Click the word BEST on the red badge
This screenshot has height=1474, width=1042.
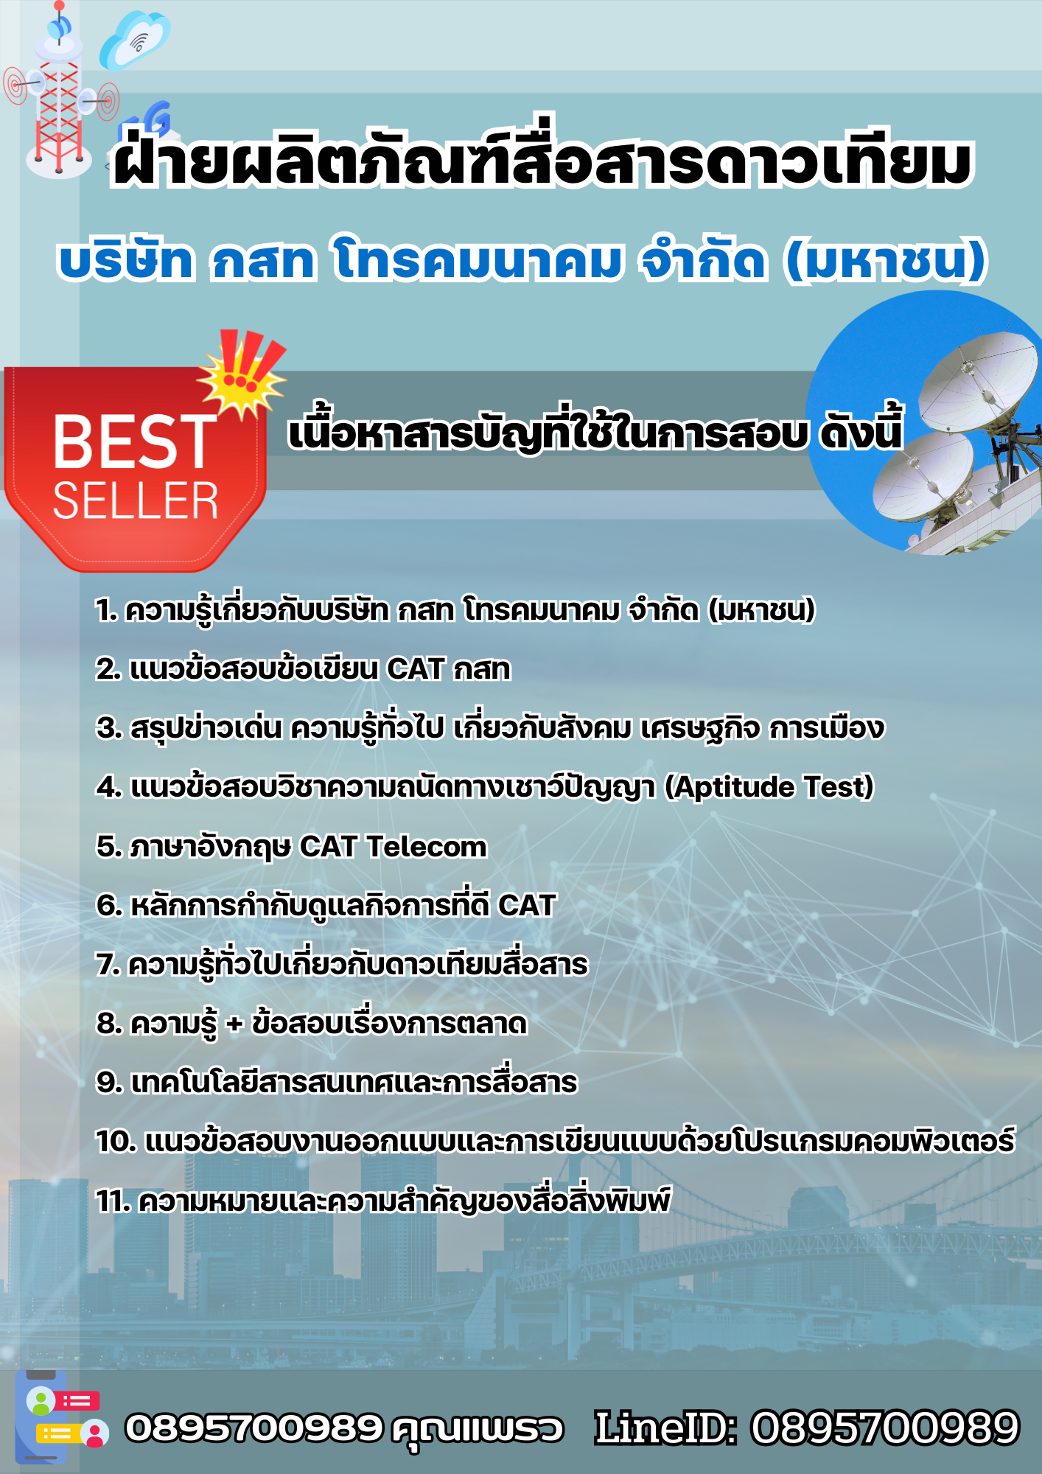134,441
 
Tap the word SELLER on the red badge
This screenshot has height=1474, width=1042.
136,502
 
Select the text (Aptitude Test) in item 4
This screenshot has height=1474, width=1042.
769,787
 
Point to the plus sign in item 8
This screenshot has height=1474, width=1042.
234,1024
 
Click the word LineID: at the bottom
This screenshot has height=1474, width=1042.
665,1428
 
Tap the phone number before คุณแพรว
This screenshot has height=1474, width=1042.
253,1428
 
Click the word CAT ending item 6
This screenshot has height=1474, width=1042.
527,906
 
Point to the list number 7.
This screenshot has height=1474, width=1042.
108,965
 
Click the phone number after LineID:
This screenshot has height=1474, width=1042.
884,1428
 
